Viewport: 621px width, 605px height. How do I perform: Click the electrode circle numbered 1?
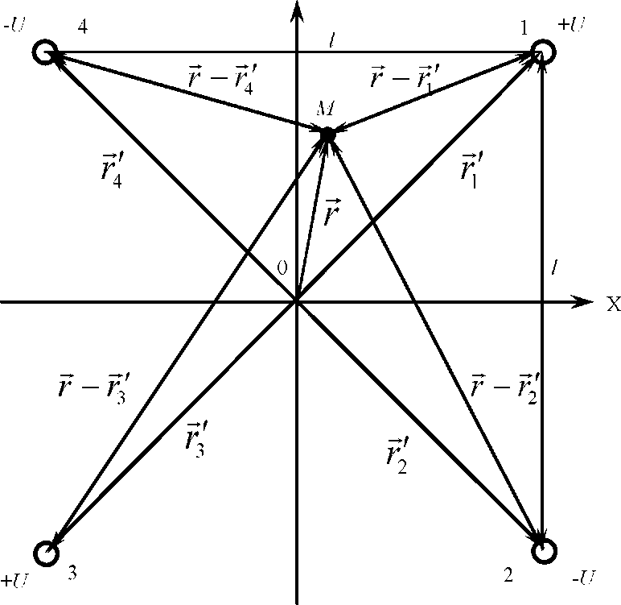click(543, 52)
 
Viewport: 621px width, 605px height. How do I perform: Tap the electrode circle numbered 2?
click(545, 551)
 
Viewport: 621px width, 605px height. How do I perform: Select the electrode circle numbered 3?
click(47, 553)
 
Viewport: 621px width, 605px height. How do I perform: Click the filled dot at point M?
click(327, 133)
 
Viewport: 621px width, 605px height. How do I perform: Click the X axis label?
click(613, 304)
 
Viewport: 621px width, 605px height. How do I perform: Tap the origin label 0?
click(282, 268)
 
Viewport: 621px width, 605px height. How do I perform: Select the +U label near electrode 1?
click(574, 24)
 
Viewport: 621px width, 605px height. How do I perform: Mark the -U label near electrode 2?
click(582, 577)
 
